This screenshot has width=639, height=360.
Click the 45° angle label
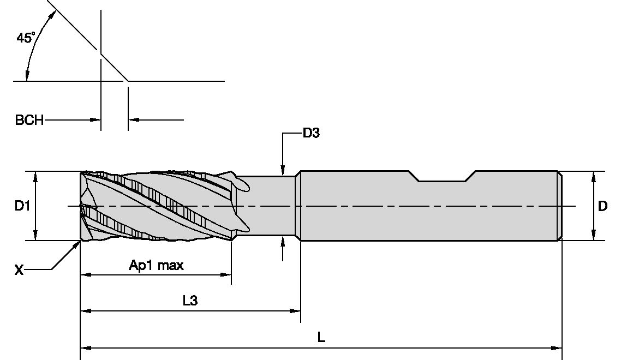pyautogui.click(x=26, y=38)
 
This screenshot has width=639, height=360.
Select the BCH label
pyautogui.click(x=29, y=120)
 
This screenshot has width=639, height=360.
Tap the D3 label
pyautogui.click(x=310, y=133)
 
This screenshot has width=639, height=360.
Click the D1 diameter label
pyautogui.click(x=22, y=206)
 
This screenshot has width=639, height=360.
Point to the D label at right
pyautogui.click(x=602, y=206)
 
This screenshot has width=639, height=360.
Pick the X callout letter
pyautogui.click(x=19, y=269)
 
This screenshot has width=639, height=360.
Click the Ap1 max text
pyautogui.click(x=156, y=266)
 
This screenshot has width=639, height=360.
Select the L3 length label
pyautogui.click(x=190, y=301)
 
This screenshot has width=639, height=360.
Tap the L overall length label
pyautogui.click(x=321, y=338)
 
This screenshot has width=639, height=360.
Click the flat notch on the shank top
pyautogui.click(x=441, y=179)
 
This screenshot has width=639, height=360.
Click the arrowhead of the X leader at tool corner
pyautogui.click(x=77, y=244)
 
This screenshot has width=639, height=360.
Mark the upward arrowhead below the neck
pyautogui.click(x=282, y=242)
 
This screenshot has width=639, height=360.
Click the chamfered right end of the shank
pyautogui.click(x=559, y=206)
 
